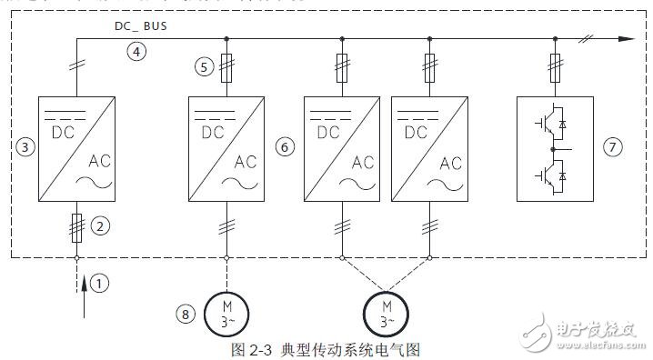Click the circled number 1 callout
point(101,283)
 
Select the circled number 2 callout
point(103,225)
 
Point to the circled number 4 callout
point(136,52)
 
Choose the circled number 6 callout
point(284,145)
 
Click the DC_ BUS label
point(141,26)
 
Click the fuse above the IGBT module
point(555,65)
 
